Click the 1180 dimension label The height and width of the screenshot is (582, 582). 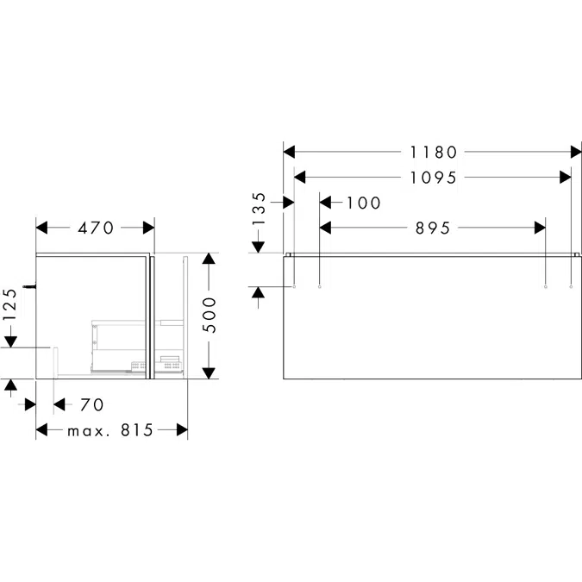433,152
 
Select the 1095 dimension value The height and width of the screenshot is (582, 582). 433,178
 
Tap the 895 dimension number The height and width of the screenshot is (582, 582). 433,228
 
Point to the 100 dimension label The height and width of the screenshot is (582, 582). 363,203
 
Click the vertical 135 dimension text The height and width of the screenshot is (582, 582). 259,209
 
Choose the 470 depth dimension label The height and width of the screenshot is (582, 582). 96,228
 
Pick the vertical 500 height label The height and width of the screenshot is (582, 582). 210,315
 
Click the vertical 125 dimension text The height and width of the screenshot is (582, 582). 9,304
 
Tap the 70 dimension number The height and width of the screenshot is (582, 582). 92,404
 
